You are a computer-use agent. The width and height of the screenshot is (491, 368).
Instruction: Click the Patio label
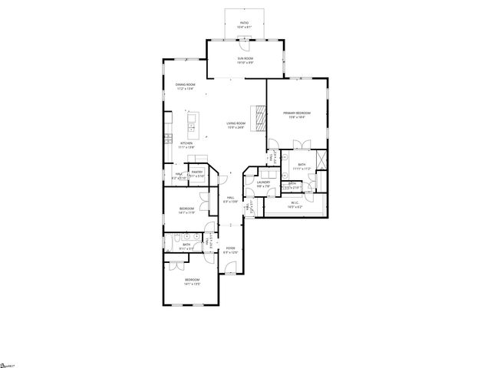pos(245,24)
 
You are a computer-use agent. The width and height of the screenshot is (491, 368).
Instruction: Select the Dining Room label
pos(185,86)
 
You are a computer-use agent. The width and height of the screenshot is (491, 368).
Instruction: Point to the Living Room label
pos(236,124)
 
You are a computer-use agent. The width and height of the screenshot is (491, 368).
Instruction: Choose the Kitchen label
pos(186,145)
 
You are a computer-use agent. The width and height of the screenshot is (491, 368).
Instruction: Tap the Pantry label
pos(196,174)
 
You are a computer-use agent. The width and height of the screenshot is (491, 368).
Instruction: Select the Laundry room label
pos(264,184)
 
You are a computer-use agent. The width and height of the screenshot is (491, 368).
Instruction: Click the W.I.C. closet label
pos(295,205)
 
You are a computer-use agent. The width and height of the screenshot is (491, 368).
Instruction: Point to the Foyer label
pos(230,250)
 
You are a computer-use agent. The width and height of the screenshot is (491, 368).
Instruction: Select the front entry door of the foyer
pos(229,269)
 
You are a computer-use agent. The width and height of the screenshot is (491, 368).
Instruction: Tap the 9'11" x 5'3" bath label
pos(186,246)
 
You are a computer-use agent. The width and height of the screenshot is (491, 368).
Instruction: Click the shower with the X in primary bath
pos(321,161)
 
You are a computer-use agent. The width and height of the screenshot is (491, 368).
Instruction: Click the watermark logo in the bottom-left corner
pos(8,363)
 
